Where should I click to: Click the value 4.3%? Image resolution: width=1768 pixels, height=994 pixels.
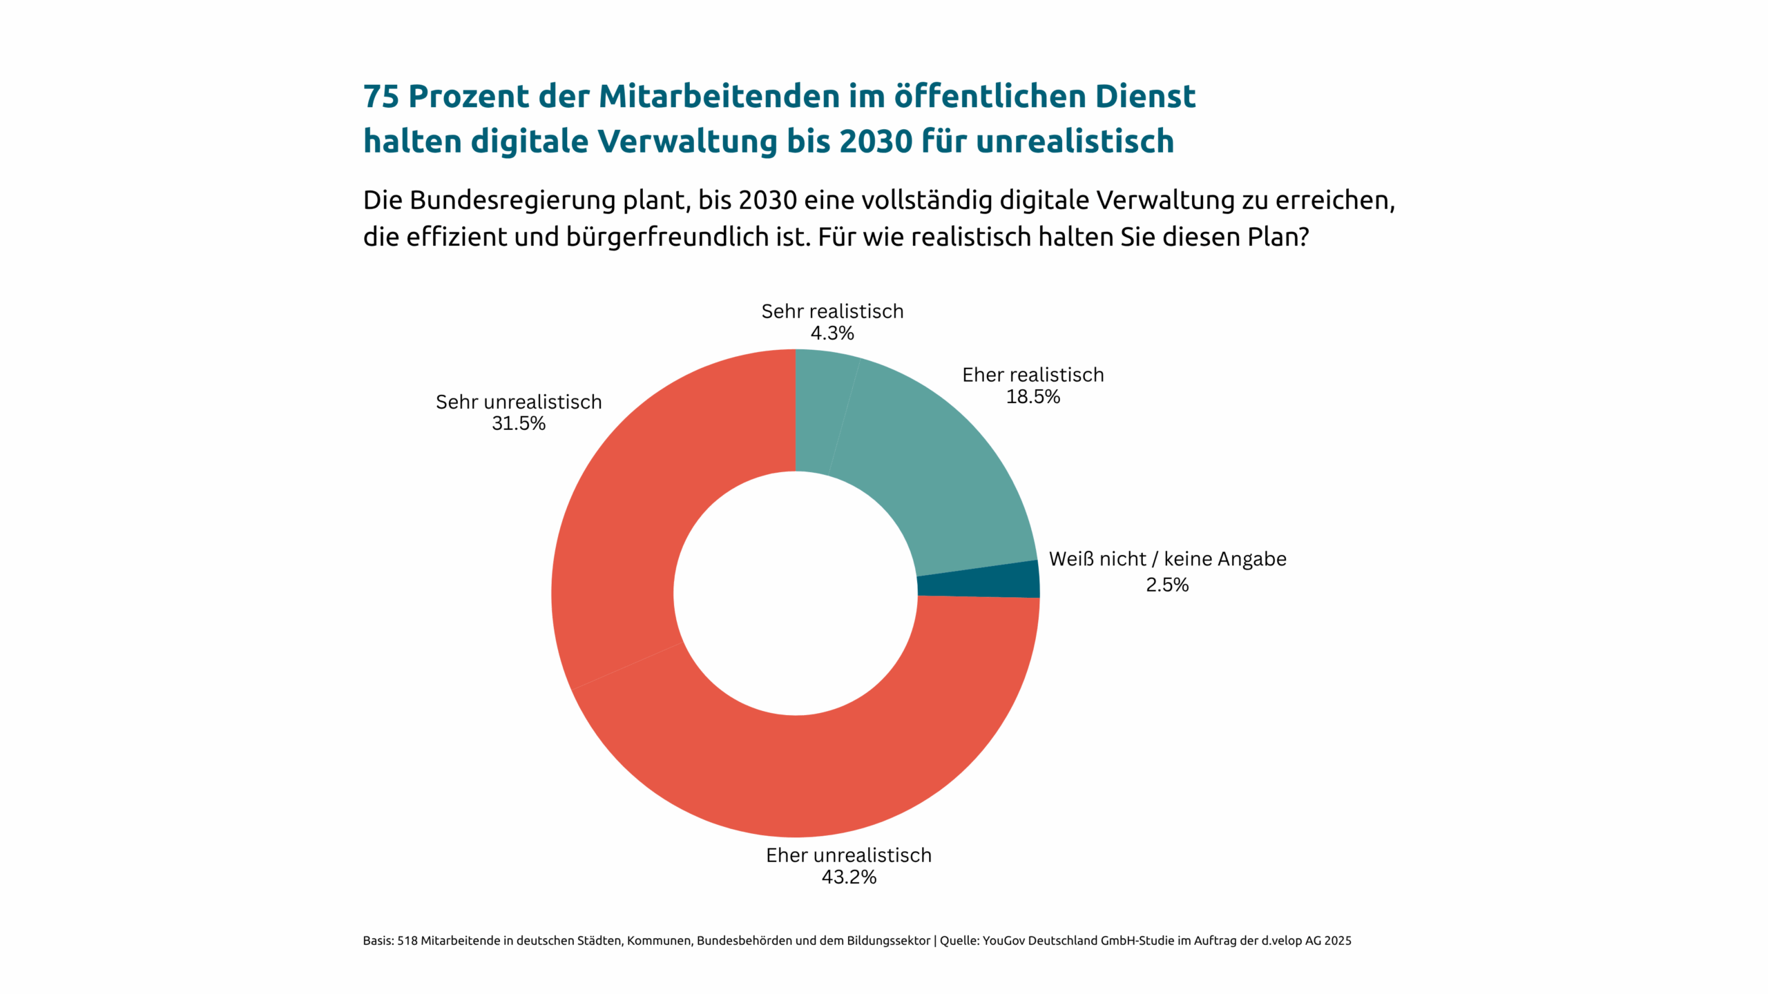click(x=832, y=333)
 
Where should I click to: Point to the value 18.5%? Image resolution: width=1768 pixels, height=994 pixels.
click(x=1032, y=397)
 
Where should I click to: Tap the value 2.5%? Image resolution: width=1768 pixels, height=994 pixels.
click(x=1167, y=585)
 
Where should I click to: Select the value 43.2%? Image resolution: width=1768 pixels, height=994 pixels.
click(x=849, y=877)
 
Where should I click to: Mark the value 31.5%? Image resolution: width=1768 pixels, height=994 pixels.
click(x=519, y=424)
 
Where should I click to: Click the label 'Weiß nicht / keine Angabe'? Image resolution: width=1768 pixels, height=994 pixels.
click(x=1167, y=559)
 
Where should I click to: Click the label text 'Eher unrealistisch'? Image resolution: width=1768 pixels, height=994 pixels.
click(x=849, y=856)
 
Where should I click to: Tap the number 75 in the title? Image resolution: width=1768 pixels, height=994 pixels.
click(x=381, y=97)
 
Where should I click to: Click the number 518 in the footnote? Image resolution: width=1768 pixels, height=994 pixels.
click(x=407, y=941)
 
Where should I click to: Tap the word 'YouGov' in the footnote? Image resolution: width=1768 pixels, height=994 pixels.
click(x=1003, y=941)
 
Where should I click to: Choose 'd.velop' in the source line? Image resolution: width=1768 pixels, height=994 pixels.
click(x=1281, y=941)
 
